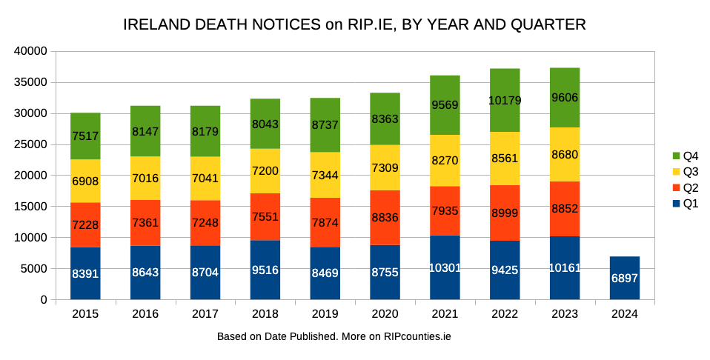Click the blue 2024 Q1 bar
click(625, 278)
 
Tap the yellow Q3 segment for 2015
click(85, 181)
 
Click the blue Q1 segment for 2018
click(265, 270)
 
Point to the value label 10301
click(445, 268)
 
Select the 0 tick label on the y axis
click(44, 300)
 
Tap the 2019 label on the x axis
click(325, 313)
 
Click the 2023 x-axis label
click(564, 313)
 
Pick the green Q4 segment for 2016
click(145, 131)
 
